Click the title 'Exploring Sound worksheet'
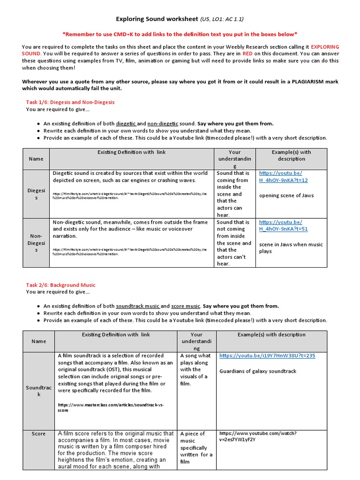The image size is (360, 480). pos(157,19)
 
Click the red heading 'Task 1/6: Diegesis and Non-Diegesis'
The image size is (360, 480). pos(70,102)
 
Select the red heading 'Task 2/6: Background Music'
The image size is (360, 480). pos(60,285)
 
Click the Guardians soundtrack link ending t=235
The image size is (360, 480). pos(267,356)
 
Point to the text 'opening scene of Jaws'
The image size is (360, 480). pos(286,195)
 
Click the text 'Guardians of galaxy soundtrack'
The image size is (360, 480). pos(258,371)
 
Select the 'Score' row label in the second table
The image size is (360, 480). pos(38,434)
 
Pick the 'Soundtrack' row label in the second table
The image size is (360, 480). pos(38,391)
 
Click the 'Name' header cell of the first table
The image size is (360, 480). pos(36,159)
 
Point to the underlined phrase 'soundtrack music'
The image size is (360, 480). pos(138,306)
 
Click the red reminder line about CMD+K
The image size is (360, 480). pos(180,34)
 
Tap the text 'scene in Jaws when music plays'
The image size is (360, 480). pos(291,247)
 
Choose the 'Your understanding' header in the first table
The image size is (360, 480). pos(234,159)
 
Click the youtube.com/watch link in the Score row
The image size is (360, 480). pos(258,437)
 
